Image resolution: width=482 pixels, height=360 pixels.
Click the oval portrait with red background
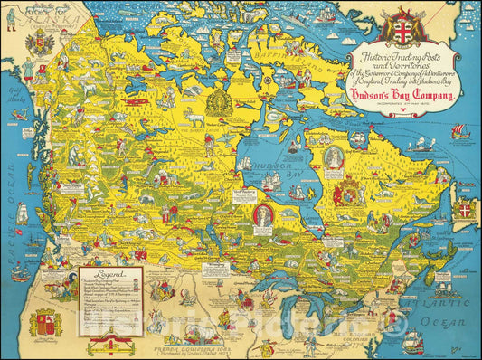(x=262, y=215)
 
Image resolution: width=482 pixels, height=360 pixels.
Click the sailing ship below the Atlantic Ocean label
(x=414, y=342)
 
